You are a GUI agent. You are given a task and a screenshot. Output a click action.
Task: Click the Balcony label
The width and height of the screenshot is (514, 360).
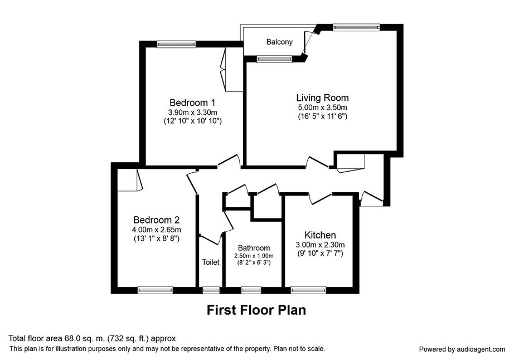(x=279, y=42)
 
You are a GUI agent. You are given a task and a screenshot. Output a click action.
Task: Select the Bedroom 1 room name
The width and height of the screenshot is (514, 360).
(x=192, y=103)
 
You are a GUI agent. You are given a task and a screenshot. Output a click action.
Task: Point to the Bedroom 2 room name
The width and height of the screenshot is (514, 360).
(x=156, y=220)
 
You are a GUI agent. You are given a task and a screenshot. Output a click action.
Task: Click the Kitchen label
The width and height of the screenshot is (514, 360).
(x=319, y=235)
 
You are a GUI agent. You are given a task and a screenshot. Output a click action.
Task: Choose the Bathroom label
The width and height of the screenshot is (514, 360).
(x=254, y=248)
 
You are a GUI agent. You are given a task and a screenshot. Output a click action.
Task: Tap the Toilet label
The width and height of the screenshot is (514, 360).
(x=211, y=262)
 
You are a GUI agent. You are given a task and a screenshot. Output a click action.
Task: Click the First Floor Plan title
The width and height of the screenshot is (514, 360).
(x=256, y=310)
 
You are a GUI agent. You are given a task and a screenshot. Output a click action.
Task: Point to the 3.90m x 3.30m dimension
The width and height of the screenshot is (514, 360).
(x=192, y=112)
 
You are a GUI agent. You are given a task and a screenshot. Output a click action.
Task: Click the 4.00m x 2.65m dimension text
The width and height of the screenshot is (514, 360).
(x=156, y=230)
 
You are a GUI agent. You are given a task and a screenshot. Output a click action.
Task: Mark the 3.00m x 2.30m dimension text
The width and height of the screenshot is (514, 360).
(x=319, y=244)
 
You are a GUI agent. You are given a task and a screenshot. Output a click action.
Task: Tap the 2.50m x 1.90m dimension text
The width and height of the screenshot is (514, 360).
(x=254, y=255)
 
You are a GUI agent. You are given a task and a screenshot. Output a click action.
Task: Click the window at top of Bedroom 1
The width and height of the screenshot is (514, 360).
(x=176, y=44)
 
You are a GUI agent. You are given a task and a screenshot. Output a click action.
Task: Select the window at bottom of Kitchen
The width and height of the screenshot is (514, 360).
(x=308, y=290)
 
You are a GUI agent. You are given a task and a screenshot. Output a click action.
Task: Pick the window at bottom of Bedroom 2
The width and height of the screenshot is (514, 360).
(x=155, y=290)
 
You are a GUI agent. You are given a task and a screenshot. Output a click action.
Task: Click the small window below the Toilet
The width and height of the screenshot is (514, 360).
(x=211, y=290)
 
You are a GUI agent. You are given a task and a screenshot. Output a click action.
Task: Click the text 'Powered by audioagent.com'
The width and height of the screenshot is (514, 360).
(x=462, y=349)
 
